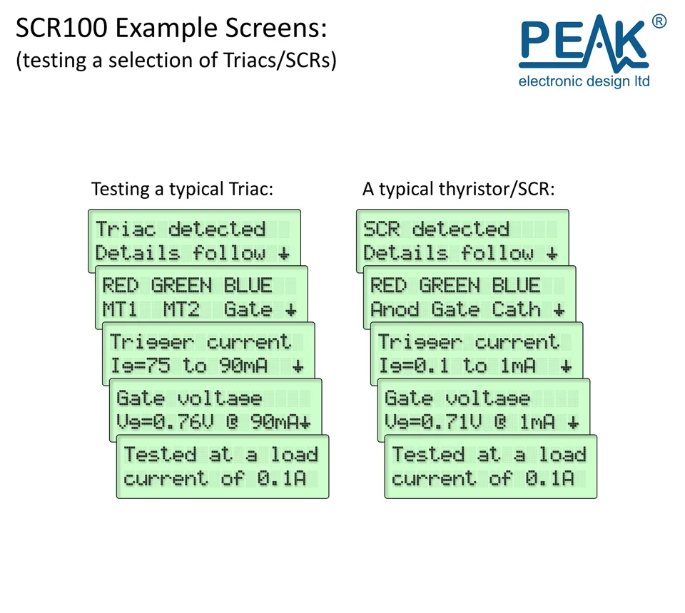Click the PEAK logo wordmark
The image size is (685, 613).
(584, 43)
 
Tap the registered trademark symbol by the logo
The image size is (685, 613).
(659, 21)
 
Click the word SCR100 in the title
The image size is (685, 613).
(61, 28)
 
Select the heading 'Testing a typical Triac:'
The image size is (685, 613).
(182, 190)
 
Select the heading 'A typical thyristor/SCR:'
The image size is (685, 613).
(458, 190)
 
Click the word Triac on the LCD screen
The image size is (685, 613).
(126, 229)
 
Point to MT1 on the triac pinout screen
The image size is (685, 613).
(120, 309)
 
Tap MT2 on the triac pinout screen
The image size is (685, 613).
(181, 309)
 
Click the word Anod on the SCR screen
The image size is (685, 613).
(395, 309)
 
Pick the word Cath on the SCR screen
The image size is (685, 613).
(517, 309)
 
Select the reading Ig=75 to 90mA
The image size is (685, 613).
(188, 366)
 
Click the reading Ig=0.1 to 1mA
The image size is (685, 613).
(457, 366)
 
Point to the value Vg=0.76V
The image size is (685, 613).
(165, 422)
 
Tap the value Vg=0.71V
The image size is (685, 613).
(433, 422)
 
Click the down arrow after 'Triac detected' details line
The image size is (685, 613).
(284, 254)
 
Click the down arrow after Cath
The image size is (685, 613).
(559, 310)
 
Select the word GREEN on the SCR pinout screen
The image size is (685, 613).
(450, 285)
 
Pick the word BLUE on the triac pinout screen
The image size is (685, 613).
(248, 285)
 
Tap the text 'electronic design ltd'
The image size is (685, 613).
(584, 81)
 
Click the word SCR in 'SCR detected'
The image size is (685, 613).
(381, 229)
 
